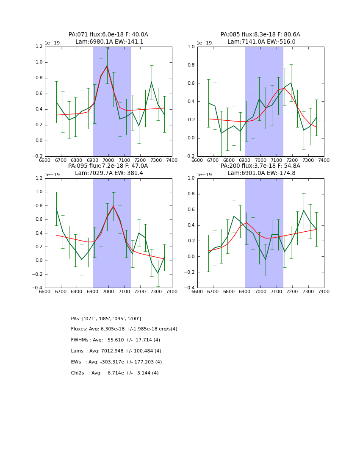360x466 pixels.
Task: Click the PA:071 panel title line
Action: tap(108, 35)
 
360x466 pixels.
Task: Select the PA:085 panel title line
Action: tap(260, 35)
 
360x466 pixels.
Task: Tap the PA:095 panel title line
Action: tap(108, 166)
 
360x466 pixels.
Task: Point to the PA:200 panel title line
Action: tap(260, 166)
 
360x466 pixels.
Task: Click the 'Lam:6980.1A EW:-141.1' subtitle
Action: tap(109, 42)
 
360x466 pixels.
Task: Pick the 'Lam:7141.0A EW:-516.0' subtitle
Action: tap(261, 42)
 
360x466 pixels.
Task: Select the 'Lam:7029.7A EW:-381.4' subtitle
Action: tap(109, 173)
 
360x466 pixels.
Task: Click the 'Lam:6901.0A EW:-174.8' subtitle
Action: tap(261, 173)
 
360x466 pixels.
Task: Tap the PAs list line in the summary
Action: tap(106, 319)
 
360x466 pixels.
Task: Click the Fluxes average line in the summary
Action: tap(124, 329)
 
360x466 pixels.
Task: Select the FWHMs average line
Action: tap(115, 340)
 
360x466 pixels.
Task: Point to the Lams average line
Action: tap(116, 351)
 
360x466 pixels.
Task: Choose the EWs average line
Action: tap(116, 362)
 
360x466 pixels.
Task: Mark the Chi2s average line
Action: tap(115, 373)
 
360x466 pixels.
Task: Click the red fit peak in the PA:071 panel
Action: tap(107, 66)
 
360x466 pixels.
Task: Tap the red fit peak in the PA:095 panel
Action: tap(113, 206)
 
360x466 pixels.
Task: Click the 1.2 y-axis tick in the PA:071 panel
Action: tap(39, 47)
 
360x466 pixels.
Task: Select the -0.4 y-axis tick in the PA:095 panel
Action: tap(37, 288)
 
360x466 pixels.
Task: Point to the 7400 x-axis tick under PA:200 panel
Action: tap(324, 291)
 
